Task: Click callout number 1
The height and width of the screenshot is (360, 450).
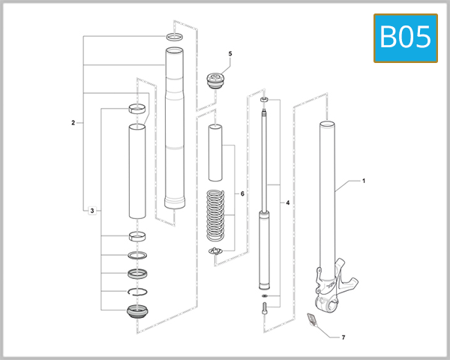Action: tap(364, 181)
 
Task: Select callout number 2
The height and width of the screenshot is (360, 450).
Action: tap(73, 122)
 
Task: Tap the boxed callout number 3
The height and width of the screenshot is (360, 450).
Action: tap(91, 211)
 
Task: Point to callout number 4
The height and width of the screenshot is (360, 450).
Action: tap(287, 202)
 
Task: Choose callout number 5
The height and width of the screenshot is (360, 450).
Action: tap(230, 54)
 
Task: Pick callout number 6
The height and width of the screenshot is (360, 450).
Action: tap(242, 193)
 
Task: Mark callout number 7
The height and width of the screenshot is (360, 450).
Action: tap(343, 338)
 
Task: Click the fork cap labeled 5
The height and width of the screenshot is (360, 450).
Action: tap(216, 80)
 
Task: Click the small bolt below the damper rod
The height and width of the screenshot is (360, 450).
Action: tap(265, 307)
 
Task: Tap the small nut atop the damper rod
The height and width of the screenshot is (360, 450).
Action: tap(265, 99)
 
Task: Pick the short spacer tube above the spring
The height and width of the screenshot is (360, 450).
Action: tap(216, 152)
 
